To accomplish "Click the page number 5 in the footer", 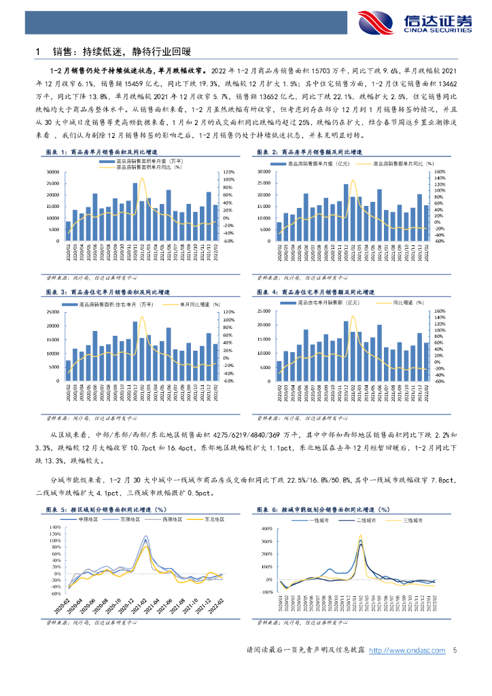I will (454, 650).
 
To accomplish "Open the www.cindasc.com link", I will (407, 650).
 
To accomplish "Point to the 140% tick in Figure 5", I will (56, 527).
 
